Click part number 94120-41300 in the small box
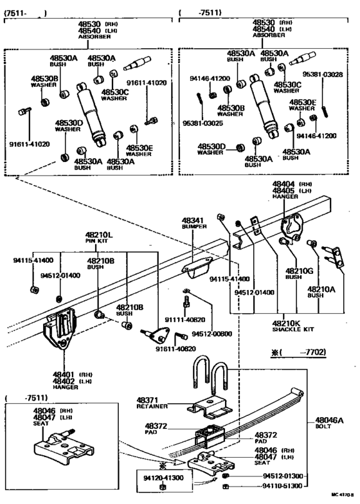[163, 479]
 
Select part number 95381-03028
[324, 75]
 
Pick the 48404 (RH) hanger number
[285, 183]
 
